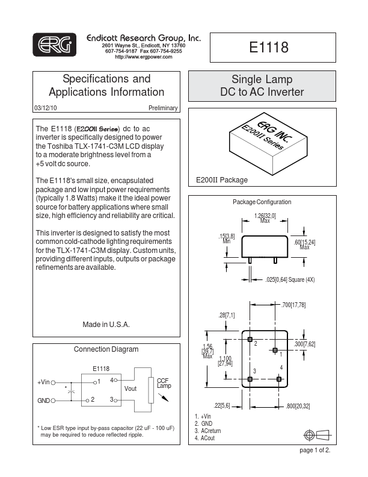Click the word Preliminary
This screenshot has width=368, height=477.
(163, 108)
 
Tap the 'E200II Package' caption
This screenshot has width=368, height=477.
(222, 180)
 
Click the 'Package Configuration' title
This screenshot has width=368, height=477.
(262, 202)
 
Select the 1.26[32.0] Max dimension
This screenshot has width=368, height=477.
(265, 217)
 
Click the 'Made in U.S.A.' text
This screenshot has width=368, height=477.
(106, 324)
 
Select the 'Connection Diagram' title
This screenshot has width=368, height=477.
(106, 349)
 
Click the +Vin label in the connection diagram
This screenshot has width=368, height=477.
(43, 382)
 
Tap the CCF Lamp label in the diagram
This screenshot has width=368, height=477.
(164, 383)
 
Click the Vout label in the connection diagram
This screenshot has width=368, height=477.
(130, 389)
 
